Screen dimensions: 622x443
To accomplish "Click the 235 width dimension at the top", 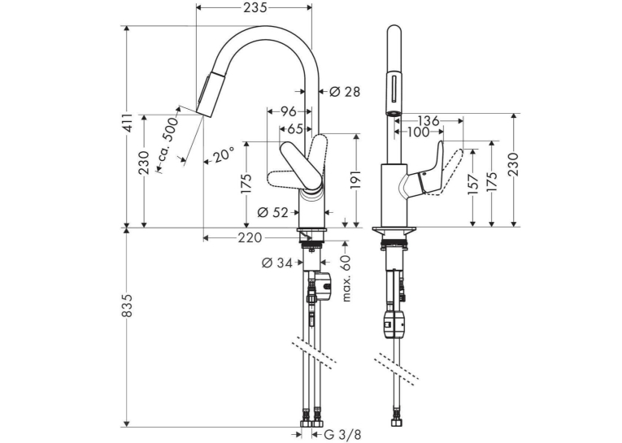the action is coord(254,7).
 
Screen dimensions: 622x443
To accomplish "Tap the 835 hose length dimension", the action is coord(127,306).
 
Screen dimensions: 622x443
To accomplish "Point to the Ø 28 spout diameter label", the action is coord(345,92).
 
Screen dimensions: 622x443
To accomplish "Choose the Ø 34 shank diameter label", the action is coord(277,263).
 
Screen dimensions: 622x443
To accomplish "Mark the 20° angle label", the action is coord(224,156).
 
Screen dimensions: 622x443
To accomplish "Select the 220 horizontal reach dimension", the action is coord(250,238).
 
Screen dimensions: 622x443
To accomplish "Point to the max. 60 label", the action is coord(346,278).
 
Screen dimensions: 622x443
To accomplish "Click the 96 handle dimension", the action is coord(289,112).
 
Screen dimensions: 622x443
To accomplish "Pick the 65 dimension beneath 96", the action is coord(295,129).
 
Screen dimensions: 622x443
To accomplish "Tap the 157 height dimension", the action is coord(473,184).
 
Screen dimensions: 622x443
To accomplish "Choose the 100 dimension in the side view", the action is coord(418,132).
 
